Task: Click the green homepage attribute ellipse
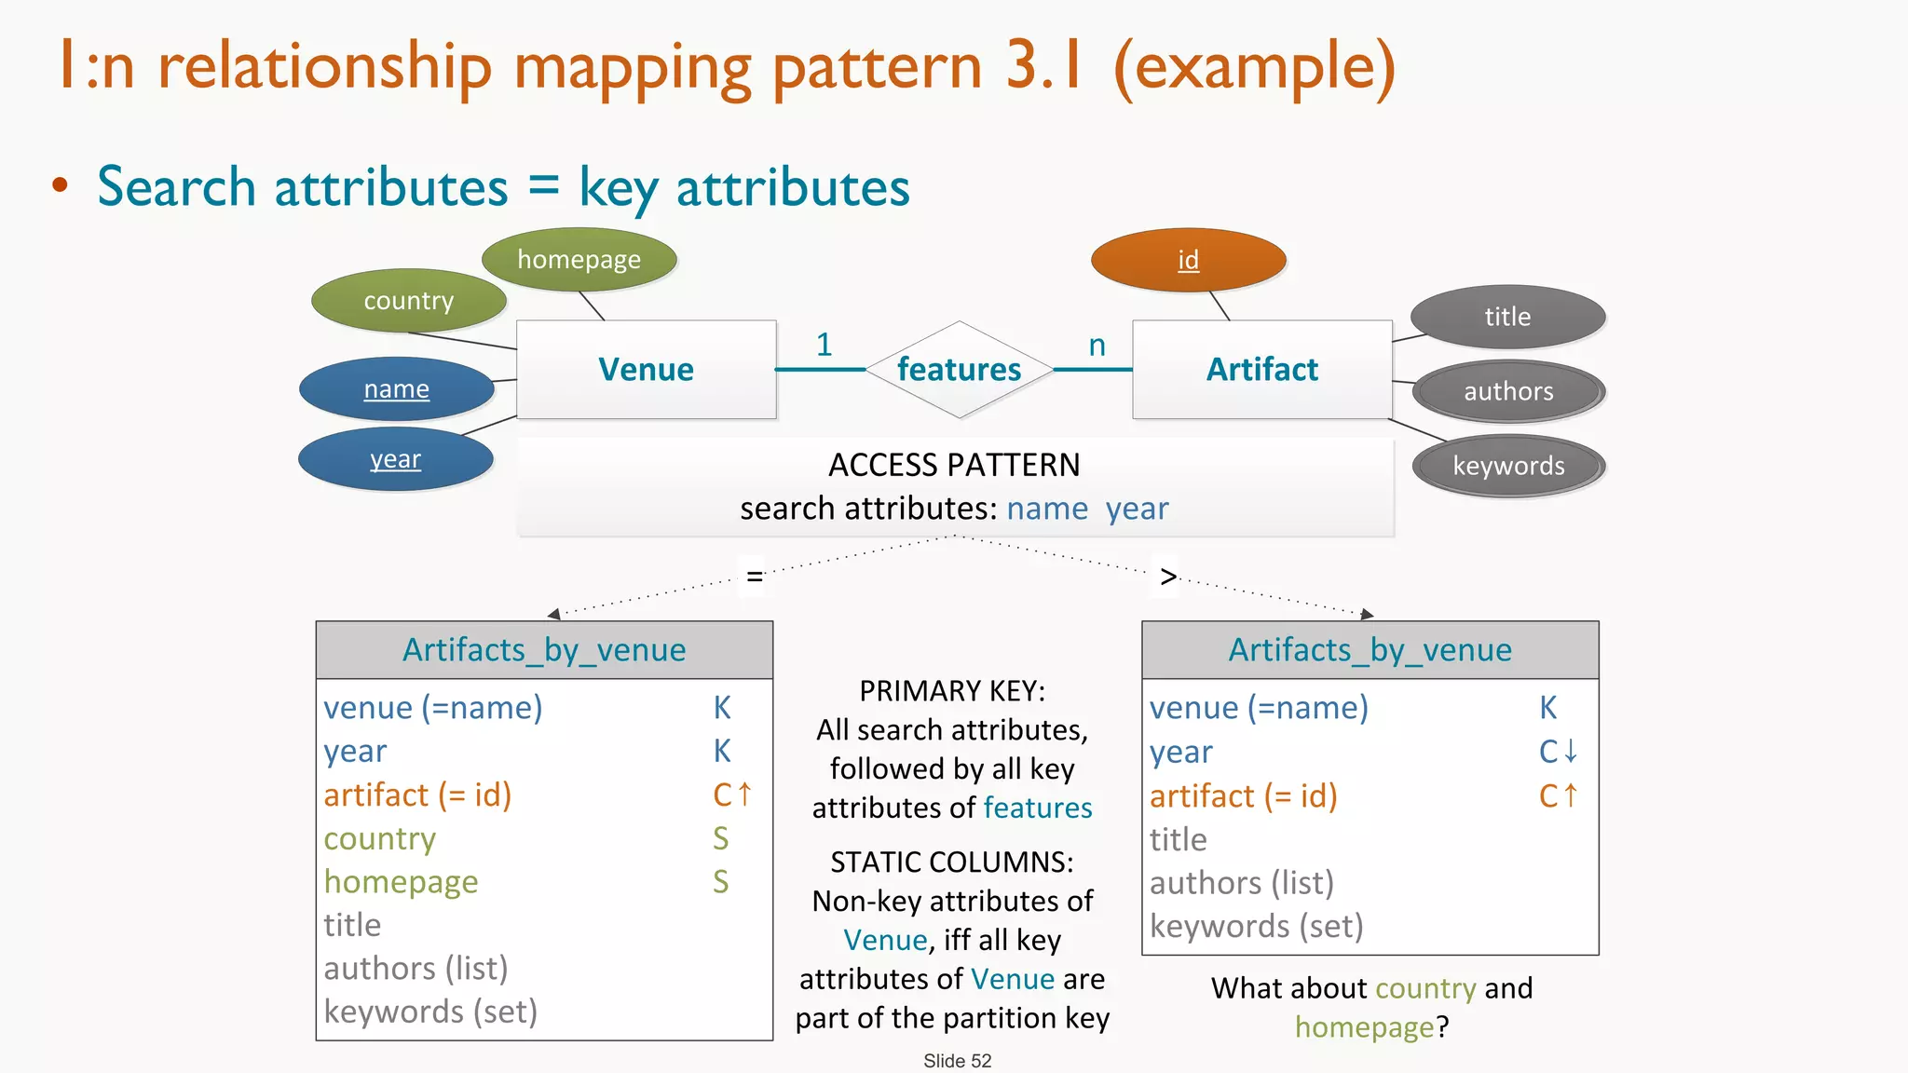point(579,259)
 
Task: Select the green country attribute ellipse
point(408,301)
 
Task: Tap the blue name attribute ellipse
point(396,388)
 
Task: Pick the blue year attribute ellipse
point(395,459)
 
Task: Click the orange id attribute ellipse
point(1188,260)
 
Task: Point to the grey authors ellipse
point(1508,391)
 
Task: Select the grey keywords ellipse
point(1508,466)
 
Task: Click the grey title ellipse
point(1507,317)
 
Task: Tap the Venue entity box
point(646,370)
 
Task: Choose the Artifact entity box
point(1261,370)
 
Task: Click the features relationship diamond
point(959,370)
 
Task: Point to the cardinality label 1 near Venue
point(824,345)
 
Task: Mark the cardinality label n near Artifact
point(1097,346)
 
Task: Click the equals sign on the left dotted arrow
point(755,577)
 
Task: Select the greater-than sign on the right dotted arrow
point(1168,577)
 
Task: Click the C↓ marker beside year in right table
point(1558,751)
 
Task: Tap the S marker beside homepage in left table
point(720,881)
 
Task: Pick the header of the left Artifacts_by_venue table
point(544,649)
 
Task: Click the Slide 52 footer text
point(957,1061)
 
